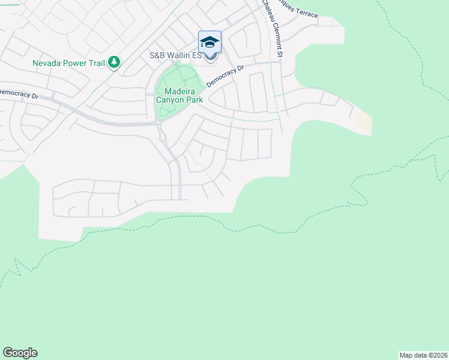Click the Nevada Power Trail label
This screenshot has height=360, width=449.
coord(68,62)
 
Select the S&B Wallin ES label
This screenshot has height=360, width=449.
coord(174,56)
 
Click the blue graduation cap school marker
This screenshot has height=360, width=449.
coord(209,42)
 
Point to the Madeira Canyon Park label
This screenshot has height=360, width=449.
coord(179,95)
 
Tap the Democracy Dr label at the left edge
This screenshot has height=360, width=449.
coord(18,94)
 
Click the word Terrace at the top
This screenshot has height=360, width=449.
coord(306,13)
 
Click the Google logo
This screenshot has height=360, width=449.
coord(20,353)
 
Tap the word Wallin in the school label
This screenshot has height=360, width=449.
coord(178,56)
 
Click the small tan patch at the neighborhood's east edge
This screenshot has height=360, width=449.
coord(364,123)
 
